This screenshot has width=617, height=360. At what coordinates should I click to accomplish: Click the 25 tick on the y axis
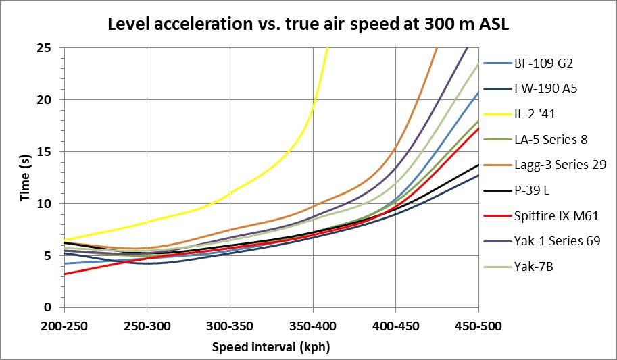(x=52, y=48)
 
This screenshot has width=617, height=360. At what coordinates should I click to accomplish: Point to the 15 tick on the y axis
(x=52, y=151)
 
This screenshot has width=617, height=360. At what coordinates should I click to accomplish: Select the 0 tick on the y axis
(x=55, y=307)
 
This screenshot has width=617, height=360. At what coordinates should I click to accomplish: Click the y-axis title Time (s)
(x=25, y=178)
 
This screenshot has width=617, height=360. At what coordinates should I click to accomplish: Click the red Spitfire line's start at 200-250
(x=65, y=274)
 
